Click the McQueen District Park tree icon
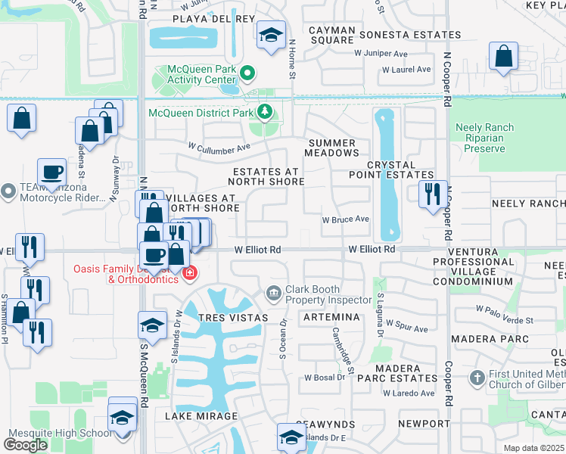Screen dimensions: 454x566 click(264, 113)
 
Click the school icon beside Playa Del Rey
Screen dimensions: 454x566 click(270, 36)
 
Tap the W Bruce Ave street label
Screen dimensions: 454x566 click(345, 219)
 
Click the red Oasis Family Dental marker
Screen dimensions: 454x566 click(189, 273)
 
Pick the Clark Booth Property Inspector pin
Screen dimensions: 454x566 click(273, 292)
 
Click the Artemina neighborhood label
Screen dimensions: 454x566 click(330, 318)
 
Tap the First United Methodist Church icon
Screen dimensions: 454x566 click(477, 377)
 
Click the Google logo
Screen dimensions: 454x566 click(25, 444)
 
